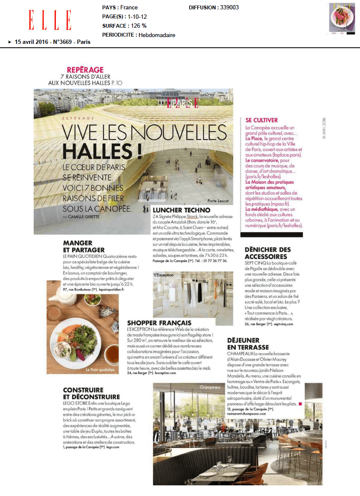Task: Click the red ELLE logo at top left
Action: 50,20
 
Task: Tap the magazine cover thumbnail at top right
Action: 342,18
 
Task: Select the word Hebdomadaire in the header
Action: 156,35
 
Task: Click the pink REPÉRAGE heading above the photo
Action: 85,70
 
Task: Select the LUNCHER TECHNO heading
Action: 181,210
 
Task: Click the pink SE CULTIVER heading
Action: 261,120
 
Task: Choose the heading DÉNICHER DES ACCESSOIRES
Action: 268,253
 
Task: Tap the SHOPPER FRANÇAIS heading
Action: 159,323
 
